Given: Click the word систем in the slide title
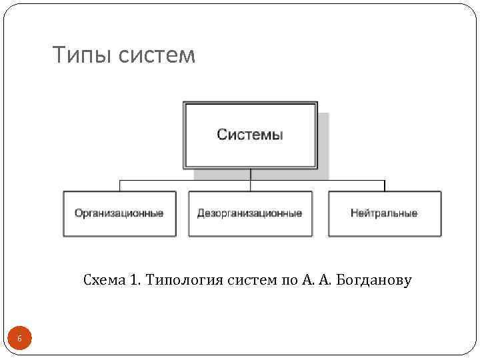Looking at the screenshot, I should click(x=157, y=56).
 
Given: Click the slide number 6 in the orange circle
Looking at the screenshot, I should click(x=19, y=339).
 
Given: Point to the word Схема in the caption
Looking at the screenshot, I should click(x=103, y=280).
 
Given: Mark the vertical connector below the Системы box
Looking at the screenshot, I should click(x=250, y=173).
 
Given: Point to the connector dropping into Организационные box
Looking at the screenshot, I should click(x=119, y=185).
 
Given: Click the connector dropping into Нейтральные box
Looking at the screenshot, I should click(x=384, y=185).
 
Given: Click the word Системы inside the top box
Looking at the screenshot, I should click(x=250, y=135).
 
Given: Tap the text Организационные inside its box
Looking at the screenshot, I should click(x=119, y=213).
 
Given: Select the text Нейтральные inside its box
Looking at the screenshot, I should click(x=384, y=213).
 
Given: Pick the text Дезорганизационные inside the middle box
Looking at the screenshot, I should click(x=250, y=213).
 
